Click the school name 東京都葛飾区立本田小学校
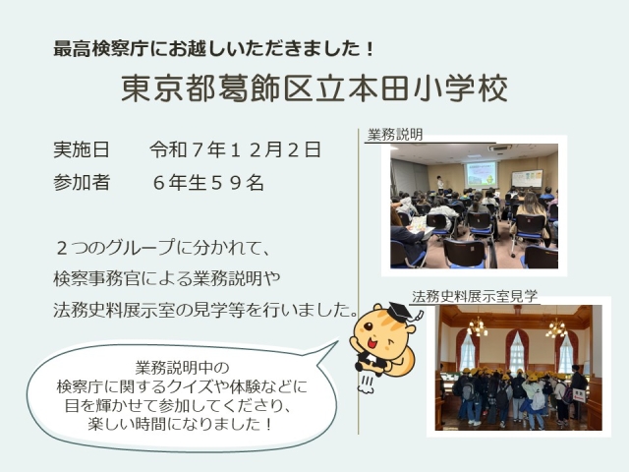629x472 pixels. click(x=314, y=89)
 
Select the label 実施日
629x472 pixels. click(x=82, y=150)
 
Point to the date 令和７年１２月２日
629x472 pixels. click(x=235, y=150)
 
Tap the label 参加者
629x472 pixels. click(x=82, y=182)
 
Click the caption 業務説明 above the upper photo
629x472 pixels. click(x=395, y=135)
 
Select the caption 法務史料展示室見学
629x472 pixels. click(x=475, y=295)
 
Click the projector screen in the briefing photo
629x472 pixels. click(x=481, y=174)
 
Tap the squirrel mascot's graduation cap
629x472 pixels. click(x=397, y=314)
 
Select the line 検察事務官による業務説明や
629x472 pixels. click(x=183, y=277)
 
